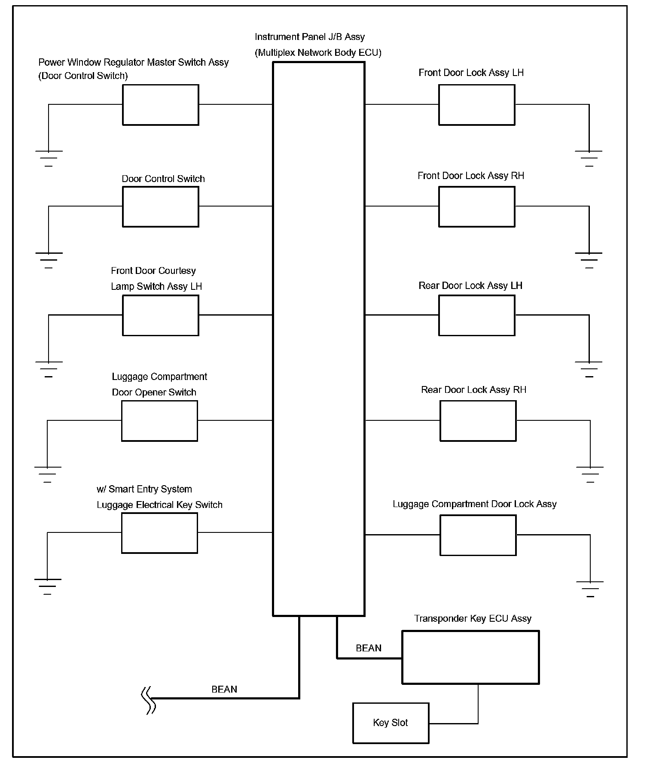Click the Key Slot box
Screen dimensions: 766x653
click(x=391, y=723)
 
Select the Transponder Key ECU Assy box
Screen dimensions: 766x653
click(x=470, y=657)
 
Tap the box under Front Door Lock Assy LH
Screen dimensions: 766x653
click(x=476, y=105)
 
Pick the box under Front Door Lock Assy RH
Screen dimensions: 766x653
click(x=476, y=207)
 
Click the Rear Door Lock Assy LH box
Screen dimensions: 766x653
click(x=476, y=315)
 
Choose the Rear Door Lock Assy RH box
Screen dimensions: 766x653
click(x=478, y=421)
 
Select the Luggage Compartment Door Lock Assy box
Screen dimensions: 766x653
click(x=478, y=535)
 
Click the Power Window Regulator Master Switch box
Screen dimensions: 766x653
click(x=160, y=105)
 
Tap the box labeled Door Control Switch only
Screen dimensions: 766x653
click(x=160, y=207)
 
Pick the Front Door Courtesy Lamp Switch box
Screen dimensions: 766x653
click(x=160, y=315)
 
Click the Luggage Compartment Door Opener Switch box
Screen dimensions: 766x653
click(x=159, y=421)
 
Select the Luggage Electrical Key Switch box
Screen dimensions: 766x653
click(x=159, y=533)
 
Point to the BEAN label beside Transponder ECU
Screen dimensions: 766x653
click(x=369, y=648)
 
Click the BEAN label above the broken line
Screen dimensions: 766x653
click(x=224, y=689)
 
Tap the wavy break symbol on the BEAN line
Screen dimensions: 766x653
click(x=149, y=700)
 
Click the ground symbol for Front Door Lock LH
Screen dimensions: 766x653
click(x=589, y=158)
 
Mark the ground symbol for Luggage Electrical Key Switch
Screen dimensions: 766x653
click(x=48, y=586)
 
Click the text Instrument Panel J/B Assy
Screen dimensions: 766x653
click(x=310, y=37)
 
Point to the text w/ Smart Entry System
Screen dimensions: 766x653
click(x=144, y=489)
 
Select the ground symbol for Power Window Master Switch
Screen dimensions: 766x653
click(x=49, y=158)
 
